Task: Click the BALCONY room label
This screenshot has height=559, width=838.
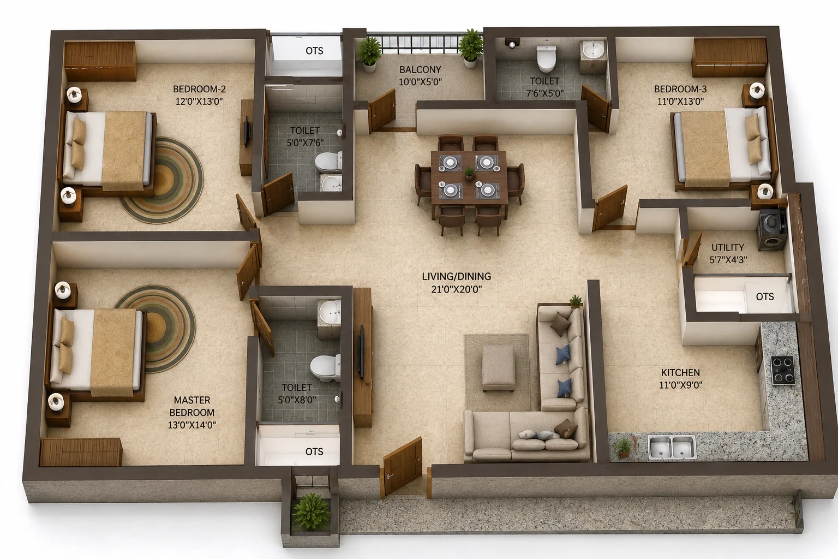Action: tap(420, 70)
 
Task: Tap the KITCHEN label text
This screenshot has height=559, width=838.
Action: tap(680, 372)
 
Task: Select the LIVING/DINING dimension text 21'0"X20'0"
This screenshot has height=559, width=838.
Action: tap(457, 289)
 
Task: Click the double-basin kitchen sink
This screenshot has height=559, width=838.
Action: tap(672, 447)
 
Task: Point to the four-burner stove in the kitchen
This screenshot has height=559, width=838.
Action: tap(783, 370)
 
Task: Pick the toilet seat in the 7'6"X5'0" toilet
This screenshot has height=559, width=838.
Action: tap(546, 58)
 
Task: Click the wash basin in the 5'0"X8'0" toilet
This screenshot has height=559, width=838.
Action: tap(330, 313)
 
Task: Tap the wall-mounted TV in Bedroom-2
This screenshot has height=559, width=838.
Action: tap(247, 132)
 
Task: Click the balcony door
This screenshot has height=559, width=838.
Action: tap(382, 111)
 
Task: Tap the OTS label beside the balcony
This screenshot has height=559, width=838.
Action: tap(314, 51)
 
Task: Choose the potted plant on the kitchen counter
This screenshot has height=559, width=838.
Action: tap(622, 447)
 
